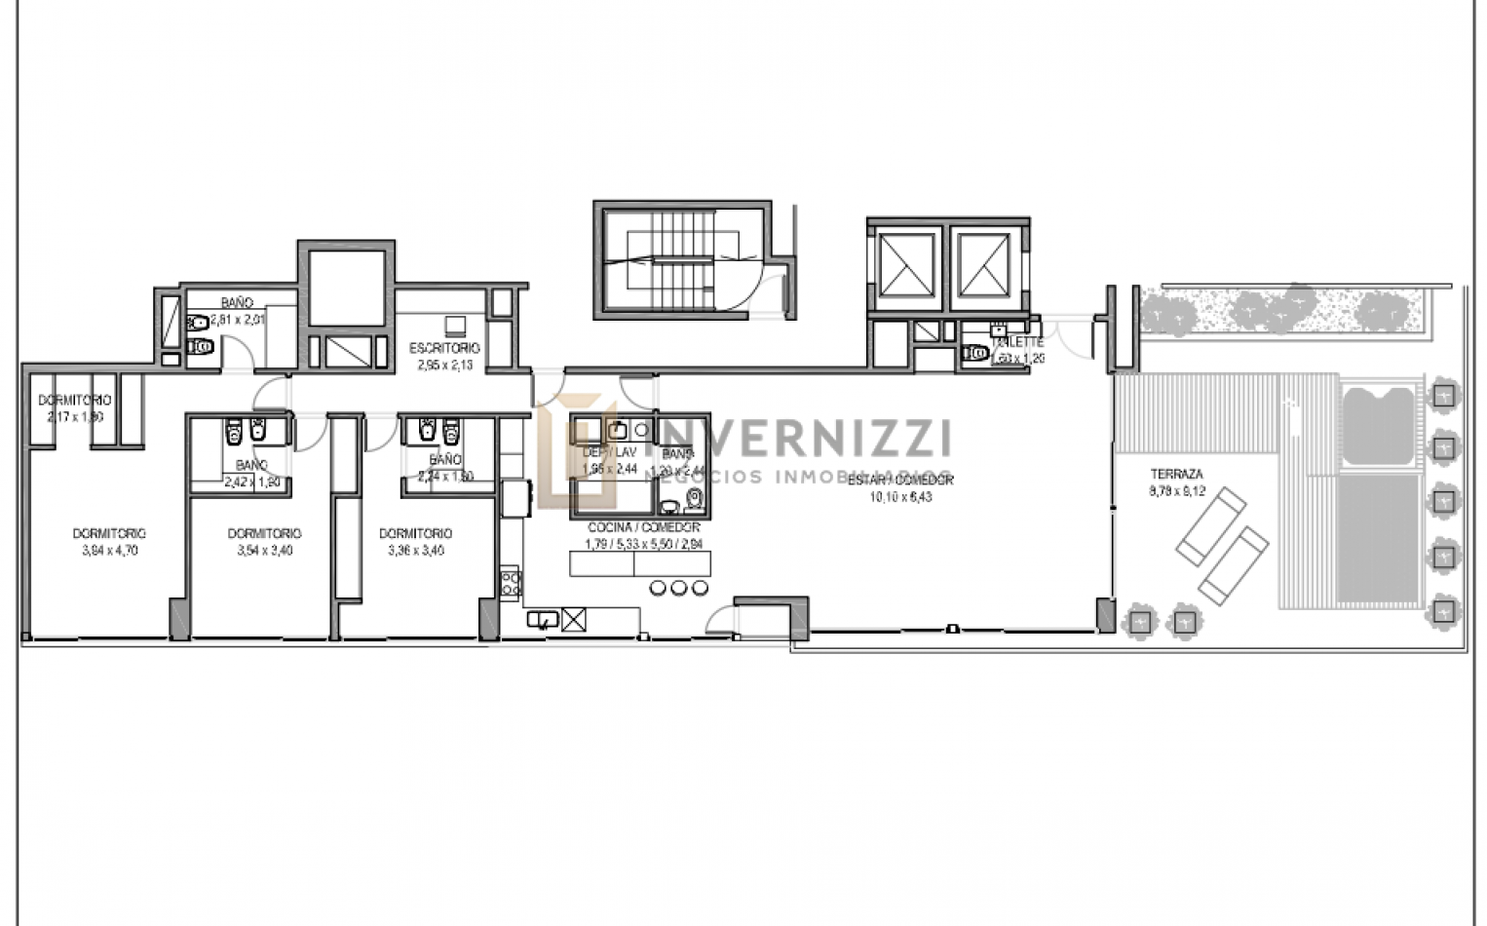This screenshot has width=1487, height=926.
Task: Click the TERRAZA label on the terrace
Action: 1176,475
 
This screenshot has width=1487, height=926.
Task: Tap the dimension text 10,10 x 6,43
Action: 900,497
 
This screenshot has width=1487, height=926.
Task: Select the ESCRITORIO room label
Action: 444,348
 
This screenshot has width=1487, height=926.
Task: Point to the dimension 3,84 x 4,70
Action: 109,551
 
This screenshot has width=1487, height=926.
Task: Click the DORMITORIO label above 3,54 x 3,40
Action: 264,533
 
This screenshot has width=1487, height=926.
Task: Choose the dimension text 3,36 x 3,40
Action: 416,551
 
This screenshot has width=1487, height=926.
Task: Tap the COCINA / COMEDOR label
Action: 643,527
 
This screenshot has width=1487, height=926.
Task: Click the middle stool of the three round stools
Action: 678,587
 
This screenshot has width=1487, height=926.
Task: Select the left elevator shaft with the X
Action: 905,264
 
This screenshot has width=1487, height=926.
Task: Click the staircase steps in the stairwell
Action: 673,258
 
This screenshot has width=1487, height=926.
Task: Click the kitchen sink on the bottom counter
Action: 542,618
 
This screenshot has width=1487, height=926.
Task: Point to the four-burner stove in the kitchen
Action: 511,583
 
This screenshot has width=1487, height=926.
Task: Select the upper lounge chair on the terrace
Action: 1210,526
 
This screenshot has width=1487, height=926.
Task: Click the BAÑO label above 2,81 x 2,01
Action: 236,303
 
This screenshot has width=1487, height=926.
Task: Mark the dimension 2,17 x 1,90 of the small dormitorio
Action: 74,417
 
